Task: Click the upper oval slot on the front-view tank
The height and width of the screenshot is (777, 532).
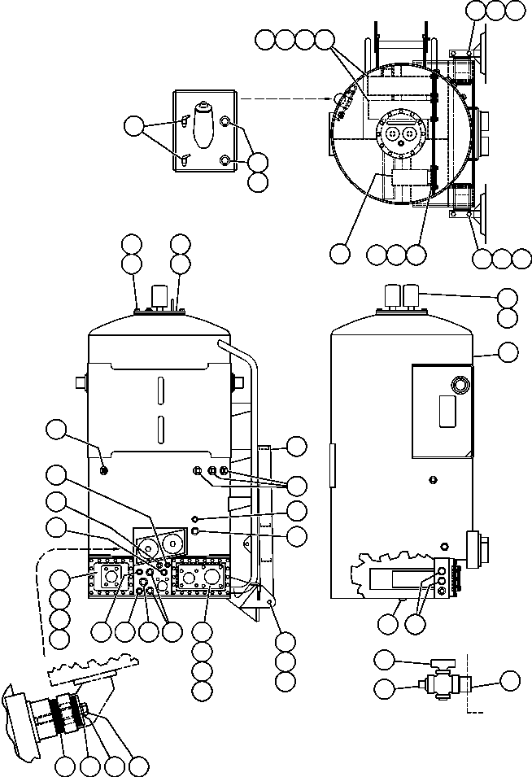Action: point(161,391)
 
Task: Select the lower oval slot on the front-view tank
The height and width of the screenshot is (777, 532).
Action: point(161,429)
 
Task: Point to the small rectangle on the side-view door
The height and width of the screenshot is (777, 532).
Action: point(447,412)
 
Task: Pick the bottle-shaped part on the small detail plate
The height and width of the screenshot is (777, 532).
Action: point(203,124)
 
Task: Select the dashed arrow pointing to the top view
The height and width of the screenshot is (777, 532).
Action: point(286,98)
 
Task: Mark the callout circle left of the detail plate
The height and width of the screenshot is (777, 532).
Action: point(134,126)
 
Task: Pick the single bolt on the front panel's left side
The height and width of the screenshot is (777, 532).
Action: point(103,469)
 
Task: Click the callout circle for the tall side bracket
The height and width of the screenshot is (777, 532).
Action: point(297,445)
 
